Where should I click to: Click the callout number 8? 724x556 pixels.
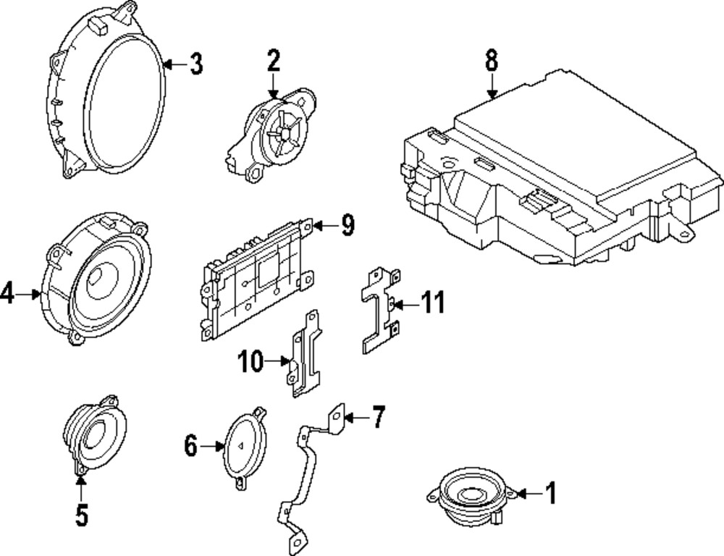492,61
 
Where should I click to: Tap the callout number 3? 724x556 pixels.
195,64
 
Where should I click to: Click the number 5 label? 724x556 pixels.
81,515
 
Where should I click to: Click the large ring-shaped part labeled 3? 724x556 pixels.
109,90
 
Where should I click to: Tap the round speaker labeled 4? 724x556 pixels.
98,279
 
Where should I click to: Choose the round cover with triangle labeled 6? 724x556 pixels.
244,447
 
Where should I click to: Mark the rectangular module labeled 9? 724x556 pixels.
257,279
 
